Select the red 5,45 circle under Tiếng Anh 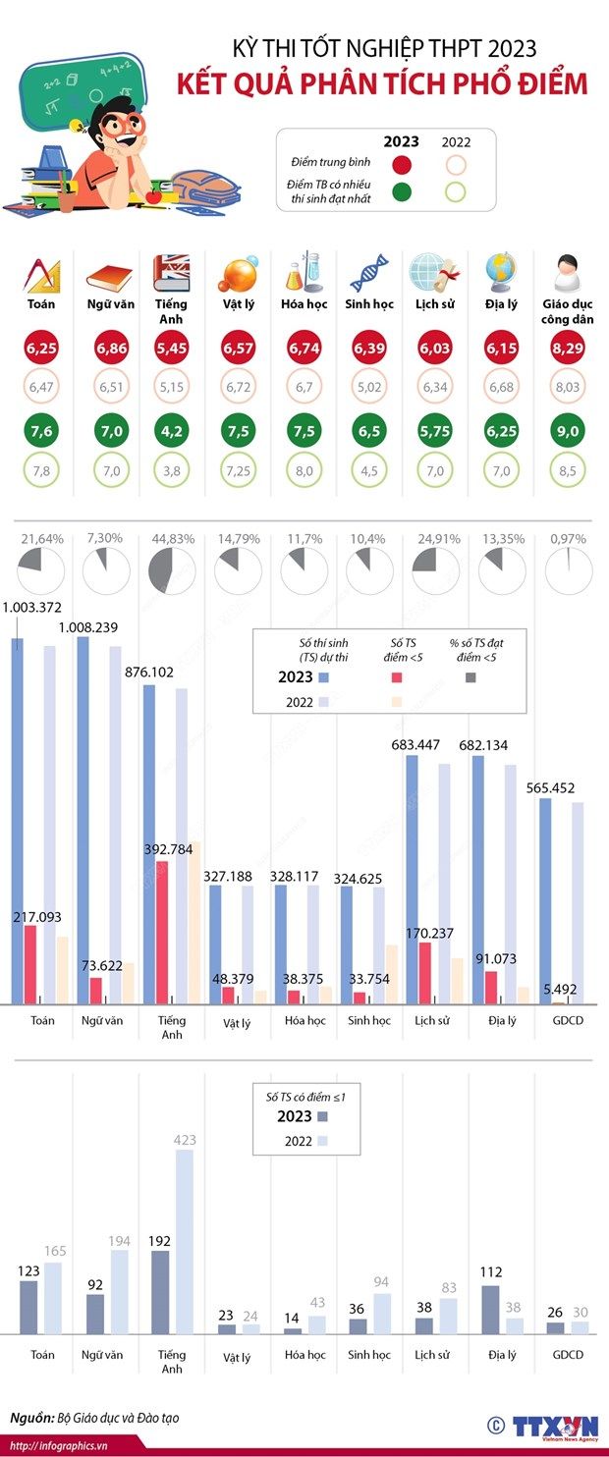coord(171,348)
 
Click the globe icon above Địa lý coord(501,272)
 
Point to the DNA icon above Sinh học coord(369,273)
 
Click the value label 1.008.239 coord(105,626)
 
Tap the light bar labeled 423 coord(185,1241)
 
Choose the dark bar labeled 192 coord(161,1291)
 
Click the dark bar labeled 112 coord(491,1309)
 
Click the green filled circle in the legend coord(401,191)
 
